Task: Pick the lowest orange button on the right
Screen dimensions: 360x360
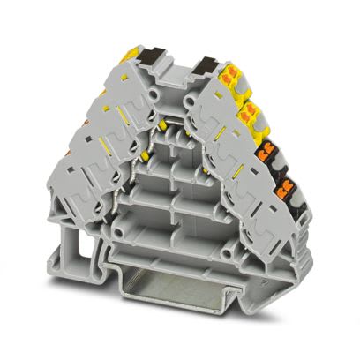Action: [286, 187]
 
